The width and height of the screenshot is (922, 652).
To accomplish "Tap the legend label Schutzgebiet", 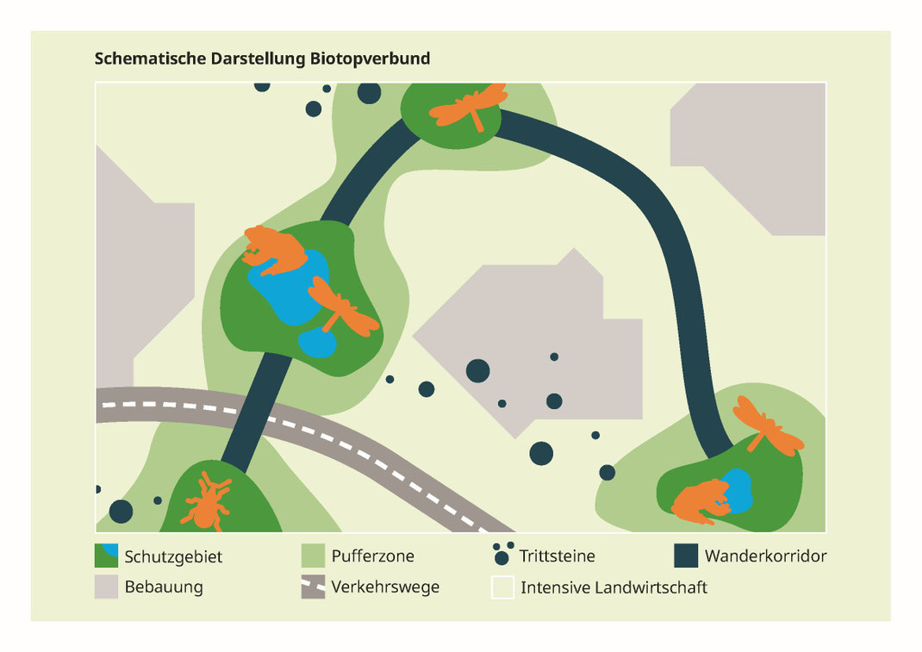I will click(x=173, y=556).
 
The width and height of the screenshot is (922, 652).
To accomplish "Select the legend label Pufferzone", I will click(x=372, y=556).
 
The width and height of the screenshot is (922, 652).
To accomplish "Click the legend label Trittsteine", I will click(x=557, y=556).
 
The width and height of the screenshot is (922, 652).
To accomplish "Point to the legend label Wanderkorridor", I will click(x=765, y=556).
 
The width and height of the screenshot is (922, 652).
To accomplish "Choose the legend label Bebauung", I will click(x=164, y=588).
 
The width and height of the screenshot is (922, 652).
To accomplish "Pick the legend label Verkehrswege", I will click(x=385, y=588).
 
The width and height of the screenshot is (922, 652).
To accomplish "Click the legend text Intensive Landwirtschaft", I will click(x=614, y=588).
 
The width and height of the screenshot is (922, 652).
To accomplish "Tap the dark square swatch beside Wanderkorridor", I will click(x=686, y=556).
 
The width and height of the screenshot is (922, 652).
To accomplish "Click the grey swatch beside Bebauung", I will click(x=106, y=587).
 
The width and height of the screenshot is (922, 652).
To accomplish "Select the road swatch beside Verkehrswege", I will click(x=313, y=587).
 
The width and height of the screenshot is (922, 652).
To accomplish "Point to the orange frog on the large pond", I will click(x=274, y=248).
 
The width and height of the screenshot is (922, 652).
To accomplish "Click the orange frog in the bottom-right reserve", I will click(x=700, y=502).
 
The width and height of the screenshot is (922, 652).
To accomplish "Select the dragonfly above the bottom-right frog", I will click(x=767, y=425).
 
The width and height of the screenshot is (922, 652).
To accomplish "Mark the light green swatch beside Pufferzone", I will click(x=313, y=556).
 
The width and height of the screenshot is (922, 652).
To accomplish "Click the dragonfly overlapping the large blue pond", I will click(x=342, y=307).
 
